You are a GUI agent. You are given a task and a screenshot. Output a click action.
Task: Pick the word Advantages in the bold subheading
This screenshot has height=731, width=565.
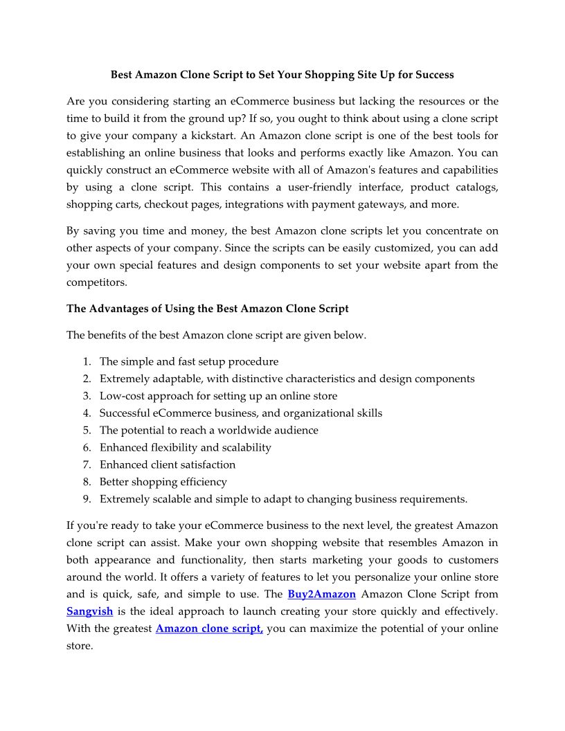coord(118,309)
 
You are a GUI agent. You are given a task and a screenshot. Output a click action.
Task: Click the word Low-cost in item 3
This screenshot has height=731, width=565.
coord(123,396)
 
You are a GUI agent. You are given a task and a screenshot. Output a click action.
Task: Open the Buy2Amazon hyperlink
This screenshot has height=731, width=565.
coord(321,594)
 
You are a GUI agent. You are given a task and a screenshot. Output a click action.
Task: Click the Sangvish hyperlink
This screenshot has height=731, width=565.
coord(89,611)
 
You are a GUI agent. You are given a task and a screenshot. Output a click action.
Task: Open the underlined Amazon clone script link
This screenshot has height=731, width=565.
coord(209,629)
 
